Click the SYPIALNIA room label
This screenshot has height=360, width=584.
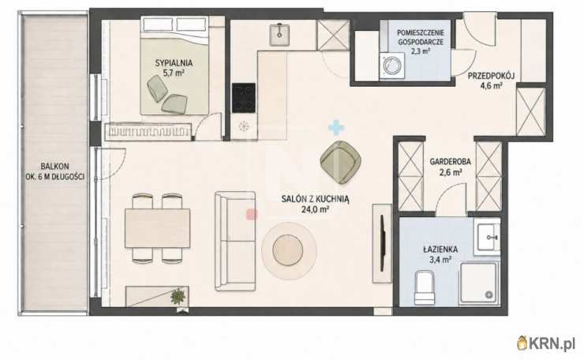174,62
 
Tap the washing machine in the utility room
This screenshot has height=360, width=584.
391,66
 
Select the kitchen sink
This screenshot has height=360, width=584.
279,35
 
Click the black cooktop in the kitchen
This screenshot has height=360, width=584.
244,98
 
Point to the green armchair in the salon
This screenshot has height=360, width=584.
340,162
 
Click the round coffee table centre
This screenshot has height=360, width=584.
288,250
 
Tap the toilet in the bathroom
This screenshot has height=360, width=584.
425,287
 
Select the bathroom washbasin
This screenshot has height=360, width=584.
487,238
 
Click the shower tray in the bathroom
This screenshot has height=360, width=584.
478,282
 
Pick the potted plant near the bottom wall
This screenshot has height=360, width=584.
178,296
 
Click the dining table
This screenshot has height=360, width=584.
157,228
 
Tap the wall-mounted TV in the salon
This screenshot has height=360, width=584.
382,243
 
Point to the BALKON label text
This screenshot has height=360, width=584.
54,167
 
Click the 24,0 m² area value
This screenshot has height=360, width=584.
315,209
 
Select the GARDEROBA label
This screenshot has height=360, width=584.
451,162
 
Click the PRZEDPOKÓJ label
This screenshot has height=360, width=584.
491,76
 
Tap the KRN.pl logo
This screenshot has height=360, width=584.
546,343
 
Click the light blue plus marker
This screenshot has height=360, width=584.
336,127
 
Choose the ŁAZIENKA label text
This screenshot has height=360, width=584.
440,249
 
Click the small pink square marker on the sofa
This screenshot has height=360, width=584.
253,214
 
